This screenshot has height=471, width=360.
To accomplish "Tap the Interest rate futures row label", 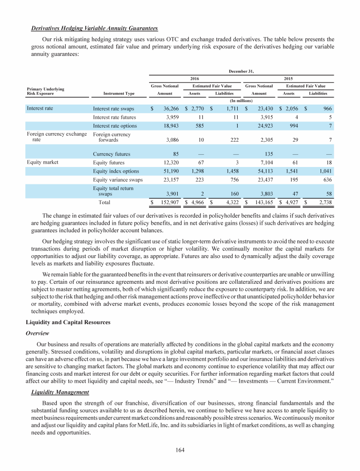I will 115,117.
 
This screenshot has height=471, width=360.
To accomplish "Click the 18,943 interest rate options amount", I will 167,126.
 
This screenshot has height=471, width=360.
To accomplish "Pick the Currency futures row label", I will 112,153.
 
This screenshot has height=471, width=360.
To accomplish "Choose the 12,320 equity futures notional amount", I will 167,162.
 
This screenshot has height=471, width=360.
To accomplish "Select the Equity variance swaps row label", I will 118,179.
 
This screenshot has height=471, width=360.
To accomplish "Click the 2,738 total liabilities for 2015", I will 323,202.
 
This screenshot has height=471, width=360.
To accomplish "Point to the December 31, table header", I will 241,71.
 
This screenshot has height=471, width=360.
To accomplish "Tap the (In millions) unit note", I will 241,100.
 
